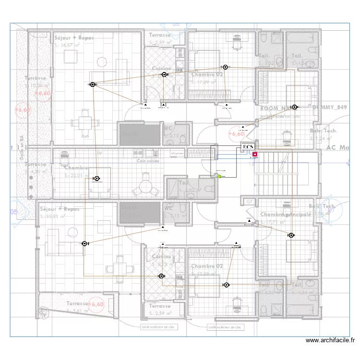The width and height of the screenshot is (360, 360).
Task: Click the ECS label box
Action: (248, 147)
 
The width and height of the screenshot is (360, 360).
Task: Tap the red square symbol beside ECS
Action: (254, 155)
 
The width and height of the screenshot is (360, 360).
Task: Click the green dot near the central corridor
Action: (220, 176)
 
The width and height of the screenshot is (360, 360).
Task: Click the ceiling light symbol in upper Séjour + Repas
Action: (93, 84)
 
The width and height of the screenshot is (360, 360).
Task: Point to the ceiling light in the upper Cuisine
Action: (164, 74)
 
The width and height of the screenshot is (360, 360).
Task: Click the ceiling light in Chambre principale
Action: (291, 235)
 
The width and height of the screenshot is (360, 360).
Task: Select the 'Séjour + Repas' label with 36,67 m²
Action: (74, 37)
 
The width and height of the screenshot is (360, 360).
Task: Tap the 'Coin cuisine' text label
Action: (147, 161)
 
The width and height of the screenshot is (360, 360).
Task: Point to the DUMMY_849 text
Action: (329, 108)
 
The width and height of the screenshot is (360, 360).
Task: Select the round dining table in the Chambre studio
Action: (145, 188)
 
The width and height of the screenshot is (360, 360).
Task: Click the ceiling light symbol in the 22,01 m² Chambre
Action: (96, 178)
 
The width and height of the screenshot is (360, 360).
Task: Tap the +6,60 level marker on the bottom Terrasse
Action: (96, 304)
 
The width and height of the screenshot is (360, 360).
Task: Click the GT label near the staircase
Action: (249, 202)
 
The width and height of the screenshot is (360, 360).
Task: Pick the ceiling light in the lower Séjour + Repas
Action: (84, 244)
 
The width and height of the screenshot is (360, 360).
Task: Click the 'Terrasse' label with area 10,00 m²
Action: (36, 78)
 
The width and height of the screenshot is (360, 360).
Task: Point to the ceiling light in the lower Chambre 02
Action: (226, 285)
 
